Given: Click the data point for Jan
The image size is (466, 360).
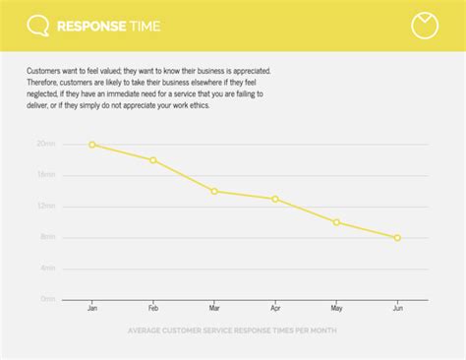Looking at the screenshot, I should pos(92,145).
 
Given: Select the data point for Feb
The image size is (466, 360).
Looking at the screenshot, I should pos(153,160).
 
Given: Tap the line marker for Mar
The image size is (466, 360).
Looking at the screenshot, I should pos(214,191).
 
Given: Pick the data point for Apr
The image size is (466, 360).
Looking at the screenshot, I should pos(275,199).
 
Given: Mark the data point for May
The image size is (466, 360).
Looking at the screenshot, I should pos(336,222).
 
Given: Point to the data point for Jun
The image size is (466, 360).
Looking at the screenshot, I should pos(397,238).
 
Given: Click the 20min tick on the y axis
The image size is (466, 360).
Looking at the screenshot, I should pos(46,145).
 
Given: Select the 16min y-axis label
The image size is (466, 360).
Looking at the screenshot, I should pos(46,175).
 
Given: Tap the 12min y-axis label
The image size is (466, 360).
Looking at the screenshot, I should pos(46,207).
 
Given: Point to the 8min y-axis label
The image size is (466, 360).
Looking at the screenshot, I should pos(47,237).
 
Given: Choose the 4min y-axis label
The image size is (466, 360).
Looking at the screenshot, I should pos(47,269).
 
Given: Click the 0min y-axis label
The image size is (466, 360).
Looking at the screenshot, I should pos(47,299).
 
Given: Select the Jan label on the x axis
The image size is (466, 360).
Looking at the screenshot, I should pos(92,309).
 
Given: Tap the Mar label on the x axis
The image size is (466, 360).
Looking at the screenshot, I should pos(214,309).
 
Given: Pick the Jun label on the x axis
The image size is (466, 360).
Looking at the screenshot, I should pos(397,309).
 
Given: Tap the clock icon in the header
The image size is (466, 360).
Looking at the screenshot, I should pos(425,26).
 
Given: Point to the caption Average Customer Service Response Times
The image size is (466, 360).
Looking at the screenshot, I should pos(232,330).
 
